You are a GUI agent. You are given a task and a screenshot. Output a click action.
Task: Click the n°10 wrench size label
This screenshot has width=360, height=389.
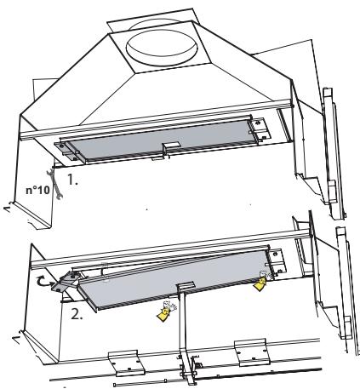37,190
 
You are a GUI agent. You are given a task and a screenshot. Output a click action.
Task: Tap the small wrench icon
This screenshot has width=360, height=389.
54,183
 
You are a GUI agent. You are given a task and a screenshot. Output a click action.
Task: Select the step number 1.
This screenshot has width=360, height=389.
72,180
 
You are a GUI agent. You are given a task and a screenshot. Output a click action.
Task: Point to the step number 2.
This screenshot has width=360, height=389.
77,314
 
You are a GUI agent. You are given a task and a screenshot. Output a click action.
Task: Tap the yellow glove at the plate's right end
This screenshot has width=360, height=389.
261,282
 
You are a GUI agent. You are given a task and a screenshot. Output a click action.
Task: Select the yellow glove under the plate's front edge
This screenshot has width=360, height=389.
165,312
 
